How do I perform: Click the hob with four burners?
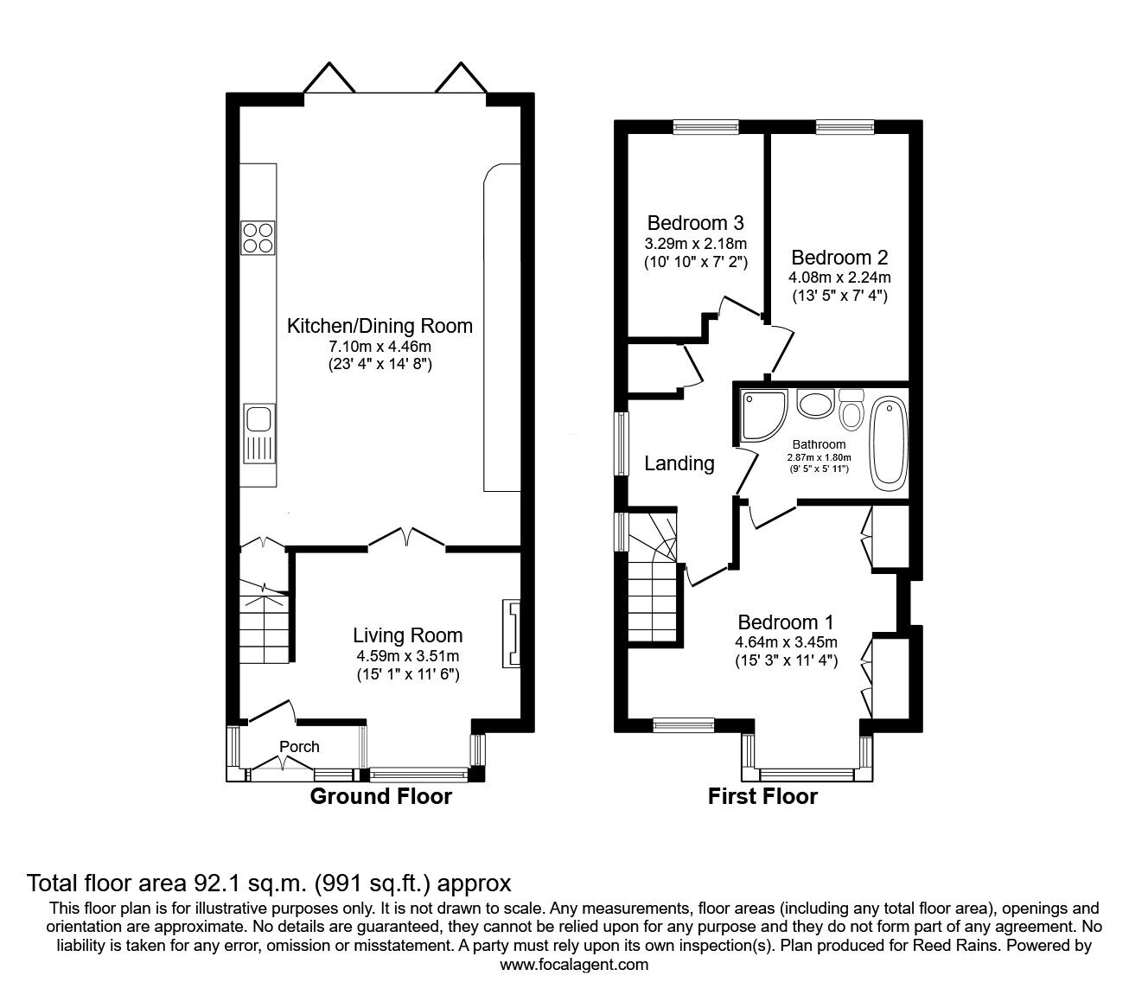[x=257, y=238]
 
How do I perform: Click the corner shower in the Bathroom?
[x=762, y=415]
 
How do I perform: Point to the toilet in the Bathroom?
[x=851, y=408]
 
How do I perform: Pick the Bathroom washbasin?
[x=813, y=405]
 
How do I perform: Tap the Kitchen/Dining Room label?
[x=379, y=326]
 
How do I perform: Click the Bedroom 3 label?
[x=695, y=223]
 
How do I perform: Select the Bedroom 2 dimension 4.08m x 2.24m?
[x=839, y=277]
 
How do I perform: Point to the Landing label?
[x=679, y=464]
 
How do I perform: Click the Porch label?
[x=299, y=747]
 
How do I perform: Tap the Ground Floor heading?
[x=380, y=796]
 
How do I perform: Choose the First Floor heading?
[x=762, y=796]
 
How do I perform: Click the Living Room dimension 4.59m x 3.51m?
[x=406, y=655]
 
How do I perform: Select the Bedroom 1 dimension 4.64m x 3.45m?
[x=785, y=642]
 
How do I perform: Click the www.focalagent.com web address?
[x=574, y=965]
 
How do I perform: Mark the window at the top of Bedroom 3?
[x=706, y=128]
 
